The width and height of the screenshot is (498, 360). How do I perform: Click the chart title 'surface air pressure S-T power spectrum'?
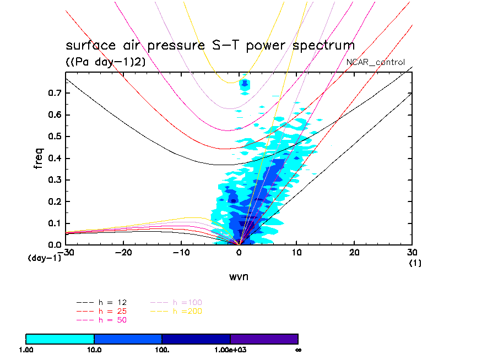click(210, 45)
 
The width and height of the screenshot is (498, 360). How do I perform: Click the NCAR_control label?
click(375, 62)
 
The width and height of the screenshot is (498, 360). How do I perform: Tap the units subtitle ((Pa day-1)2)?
click(106, 62)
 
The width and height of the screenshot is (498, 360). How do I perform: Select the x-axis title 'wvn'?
click(239, 276)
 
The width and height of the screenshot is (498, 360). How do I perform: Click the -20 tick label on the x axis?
click(123, 252)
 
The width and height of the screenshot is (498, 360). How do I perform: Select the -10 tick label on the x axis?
click(181, 252)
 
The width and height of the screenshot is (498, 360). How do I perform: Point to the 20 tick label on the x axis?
click(354, 252)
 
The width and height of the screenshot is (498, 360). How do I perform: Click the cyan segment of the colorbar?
click(60, 339)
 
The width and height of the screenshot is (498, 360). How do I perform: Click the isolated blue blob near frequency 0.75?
click(245, 84)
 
